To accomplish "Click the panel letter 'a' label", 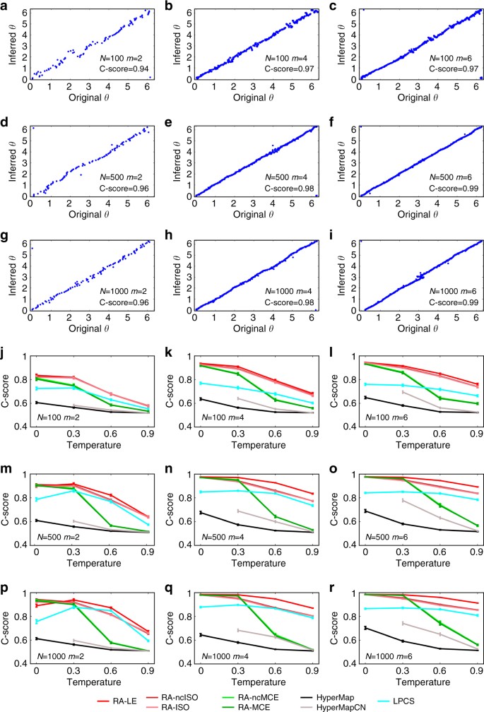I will coord(4,6).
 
